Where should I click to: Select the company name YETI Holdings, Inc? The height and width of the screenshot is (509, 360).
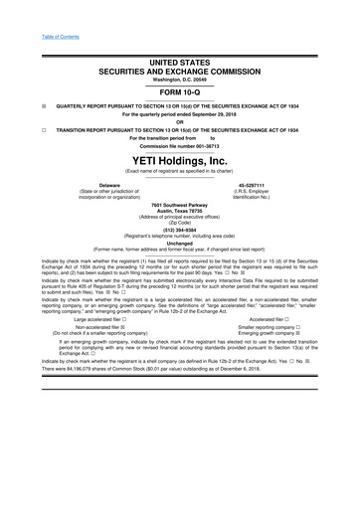(180, 159)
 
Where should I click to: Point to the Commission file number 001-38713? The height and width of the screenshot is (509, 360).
(180, 145)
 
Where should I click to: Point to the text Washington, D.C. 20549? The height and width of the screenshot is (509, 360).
(180, 78)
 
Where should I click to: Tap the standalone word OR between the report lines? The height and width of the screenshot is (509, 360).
(180, 123)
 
